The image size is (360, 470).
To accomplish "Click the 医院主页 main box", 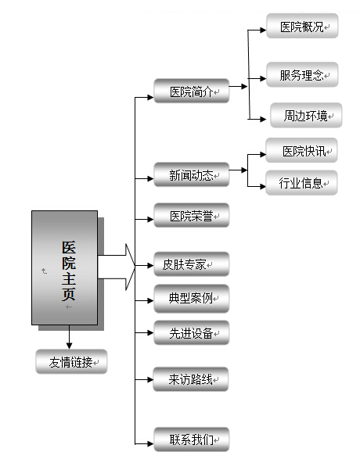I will tap(65, 267).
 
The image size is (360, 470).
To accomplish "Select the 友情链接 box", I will tap(71, 361).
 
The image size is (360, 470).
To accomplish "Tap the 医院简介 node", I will tap(191, 91).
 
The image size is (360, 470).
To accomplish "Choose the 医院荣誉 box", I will tap(191, 216).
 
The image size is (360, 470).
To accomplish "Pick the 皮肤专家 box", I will tap(191, 264).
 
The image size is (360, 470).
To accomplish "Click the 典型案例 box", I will tap(191, 299).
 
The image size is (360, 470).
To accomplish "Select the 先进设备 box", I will tap(191, 332).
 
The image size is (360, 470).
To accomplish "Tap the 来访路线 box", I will tap(191, 379).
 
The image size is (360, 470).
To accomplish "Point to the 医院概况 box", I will tap(302, 26).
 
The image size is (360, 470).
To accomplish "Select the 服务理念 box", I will tap(302, 74).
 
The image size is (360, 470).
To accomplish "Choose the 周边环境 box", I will tap(306, 116).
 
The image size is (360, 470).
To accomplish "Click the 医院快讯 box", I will tap(301, 150).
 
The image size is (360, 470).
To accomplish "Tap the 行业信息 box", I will tap(301, 183).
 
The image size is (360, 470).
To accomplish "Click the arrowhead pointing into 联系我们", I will tap(149, 443).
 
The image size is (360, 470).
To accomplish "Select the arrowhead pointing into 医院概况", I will tap(262, 30).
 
